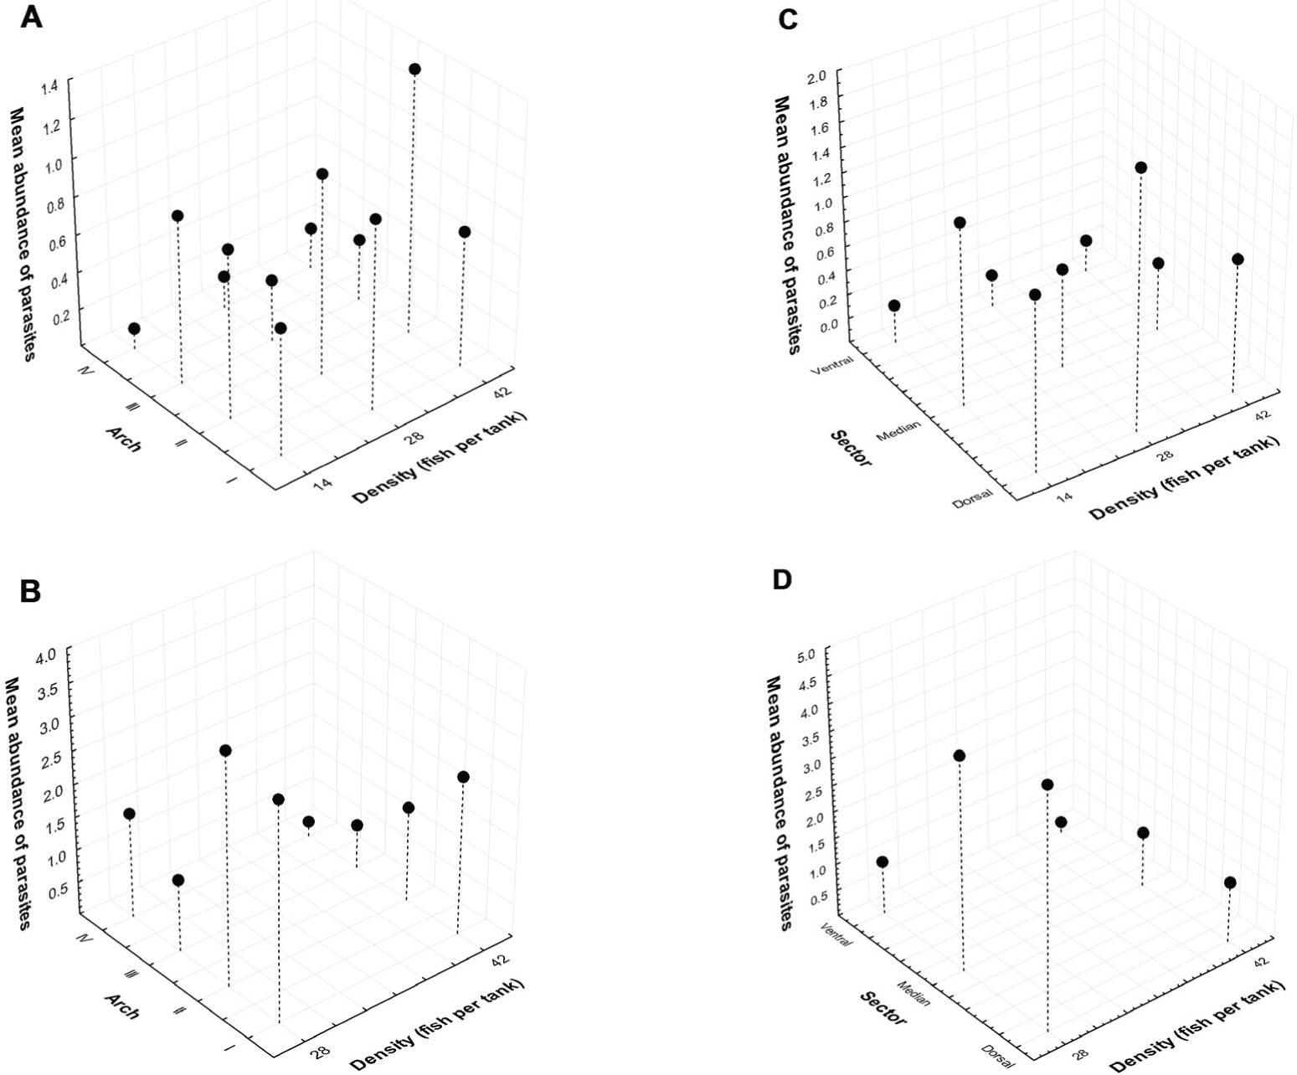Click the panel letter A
tap(31, 18)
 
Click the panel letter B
tap(31, 592)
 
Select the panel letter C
tap(788, 21)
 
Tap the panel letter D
tap(781, 580)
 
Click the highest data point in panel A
tap(414, 69)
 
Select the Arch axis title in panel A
tap(123, 438)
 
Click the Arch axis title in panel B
tap(121, 1006)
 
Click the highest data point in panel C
tap(1140, 168)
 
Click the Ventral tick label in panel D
tap(837, 934)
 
